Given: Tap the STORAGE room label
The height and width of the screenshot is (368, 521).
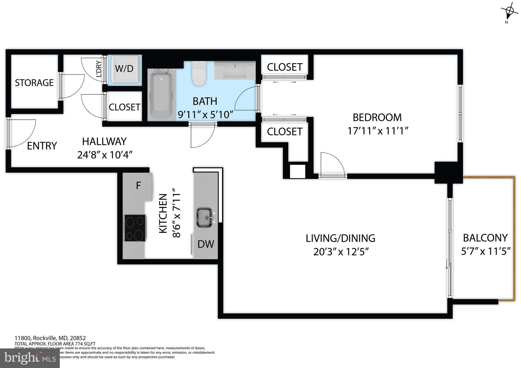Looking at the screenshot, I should click(x=34, y=83).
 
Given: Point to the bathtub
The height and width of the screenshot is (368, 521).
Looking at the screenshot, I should click(x=161, y=95).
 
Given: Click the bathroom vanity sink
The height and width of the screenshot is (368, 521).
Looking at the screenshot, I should click(x=235, y=71).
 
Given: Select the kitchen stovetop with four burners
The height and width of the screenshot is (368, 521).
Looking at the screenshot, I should click(x=135, y=228).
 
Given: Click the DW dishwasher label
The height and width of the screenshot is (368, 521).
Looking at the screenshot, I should click(x=206, y=244).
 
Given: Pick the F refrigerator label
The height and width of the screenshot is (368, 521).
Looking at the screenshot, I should click(x=138, y=186).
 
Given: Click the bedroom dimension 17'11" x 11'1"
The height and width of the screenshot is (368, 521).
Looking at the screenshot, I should click(x=378, y=131).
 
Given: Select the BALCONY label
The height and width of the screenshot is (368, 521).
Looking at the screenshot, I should click(x=485, y=238).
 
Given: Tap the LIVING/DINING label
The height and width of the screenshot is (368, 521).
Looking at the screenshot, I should click(x=340, y=238).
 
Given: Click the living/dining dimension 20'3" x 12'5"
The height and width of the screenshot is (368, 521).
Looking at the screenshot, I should click(x=341, y=252).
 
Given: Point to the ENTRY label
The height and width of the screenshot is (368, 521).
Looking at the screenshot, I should click(x=42, y=146).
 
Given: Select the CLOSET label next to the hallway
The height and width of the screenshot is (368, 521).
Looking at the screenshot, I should click(x=124, y=107).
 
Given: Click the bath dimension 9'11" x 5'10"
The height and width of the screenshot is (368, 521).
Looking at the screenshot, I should click(x=205, y=115).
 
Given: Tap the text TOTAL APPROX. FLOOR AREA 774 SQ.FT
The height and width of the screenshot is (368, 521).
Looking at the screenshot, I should click(x=55, y=344).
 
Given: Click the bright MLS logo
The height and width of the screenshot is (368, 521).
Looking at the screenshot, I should click(x=30, y=358).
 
